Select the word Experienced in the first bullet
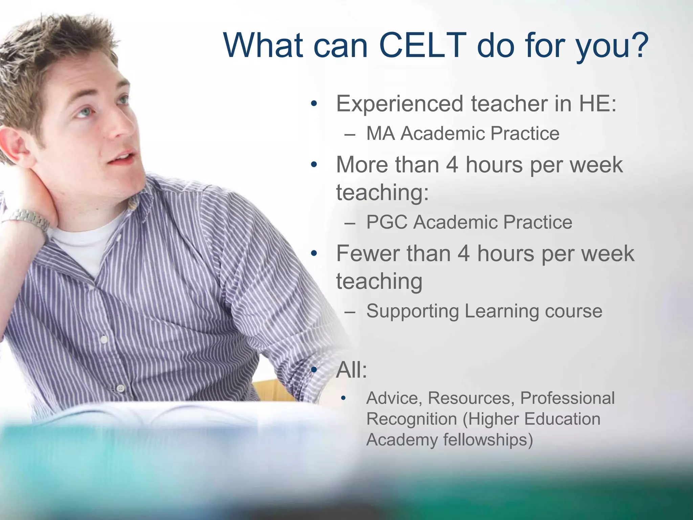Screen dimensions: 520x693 [x=399, y=104]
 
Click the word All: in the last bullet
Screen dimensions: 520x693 [x=351, y=370]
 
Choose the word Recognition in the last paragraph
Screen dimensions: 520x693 [x=411, y=419]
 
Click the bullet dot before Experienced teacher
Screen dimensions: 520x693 [x=314, y=104]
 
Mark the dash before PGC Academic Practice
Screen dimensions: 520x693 [x=350, y=223]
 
